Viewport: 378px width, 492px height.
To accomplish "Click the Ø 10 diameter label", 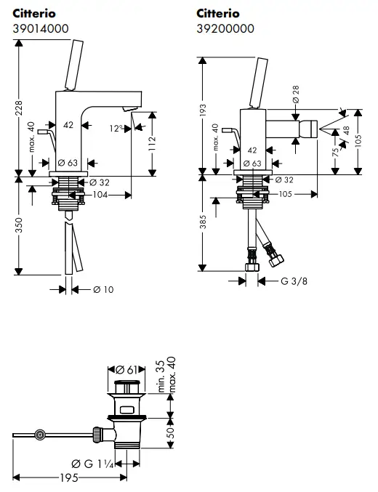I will coord(102,290).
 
